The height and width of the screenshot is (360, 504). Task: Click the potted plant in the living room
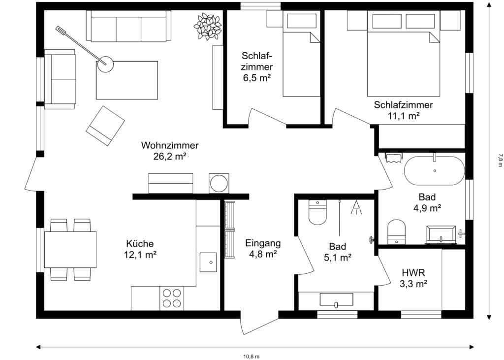208,26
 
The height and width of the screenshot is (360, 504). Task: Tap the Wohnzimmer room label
170,145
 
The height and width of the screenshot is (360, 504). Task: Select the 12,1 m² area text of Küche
140,255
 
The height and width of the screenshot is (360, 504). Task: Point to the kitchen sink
208,262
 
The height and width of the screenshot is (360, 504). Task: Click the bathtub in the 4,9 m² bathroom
434,170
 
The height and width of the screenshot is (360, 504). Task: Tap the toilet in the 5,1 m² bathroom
317,213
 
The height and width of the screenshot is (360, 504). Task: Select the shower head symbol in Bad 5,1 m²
355,208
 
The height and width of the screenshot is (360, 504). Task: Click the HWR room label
413,272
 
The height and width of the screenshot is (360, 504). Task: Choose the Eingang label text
263,243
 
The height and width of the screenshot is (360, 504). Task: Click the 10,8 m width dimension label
251,356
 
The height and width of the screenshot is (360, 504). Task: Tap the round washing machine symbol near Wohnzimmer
219,183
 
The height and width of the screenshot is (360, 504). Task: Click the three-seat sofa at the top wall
129,26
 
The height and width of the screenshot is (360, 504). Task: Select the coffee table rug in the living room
127,80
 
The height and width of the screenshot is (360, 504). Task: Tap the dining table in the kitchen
70,250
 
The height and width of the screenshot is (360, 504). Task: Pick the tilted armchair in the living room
105,126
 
